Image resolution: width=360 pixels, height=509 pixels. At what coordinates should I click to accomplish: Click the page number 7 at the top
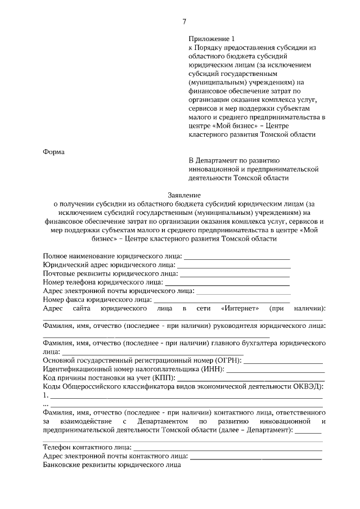tap(184, 22)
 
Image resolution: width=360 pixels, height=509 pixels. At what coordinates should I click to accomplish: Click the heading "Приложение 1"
tap(210, 39)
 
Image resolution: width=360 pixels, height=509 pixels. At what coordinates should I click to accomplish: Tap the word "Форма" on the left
tap(54, 151)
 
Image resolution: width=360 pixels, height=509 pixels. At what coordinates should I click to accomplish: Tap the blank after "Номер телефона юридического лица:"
tap(227, 282)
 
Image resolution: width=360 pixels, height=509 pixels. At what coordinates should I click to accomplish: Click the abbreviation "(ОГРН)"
tap(227, 360)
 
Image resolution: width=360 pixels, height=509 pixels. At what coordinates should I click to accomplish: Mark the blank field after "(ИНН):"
tap(275, 369)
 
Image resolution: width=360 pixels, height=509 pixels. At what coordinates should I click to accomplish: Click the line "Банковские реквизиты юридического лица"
tap(112, 465)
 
